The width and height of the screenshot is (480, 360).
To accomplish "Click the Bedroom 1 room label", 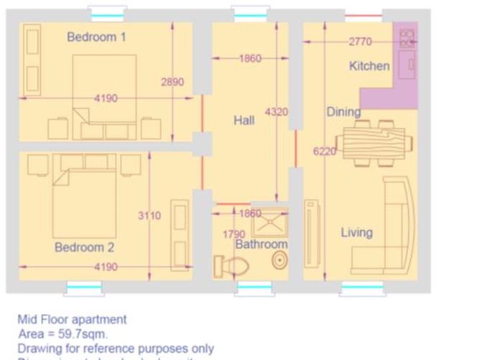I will tap(96, 37).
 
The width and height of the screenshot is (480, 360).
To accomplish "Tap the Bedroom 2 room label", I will tap(84, 247).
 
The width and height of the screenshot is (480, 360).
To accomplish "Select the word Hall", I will tap(244, 121).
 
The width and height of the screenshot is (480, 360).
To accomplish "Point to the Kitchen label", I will tap(369, 66).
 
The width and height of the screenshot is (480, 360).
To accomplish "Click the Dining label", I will tap(343, 111).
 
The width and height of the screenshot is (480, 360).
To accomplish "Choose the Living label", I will tap(356, 232).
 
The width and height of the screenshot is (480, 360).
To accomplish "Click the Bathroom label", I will tap(262, 244).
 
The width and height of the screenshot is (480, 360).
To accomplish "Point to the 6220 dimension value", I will tap(325, 152).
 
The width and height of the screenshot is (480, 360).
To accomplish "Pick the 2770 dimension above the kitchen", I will tap(361, 42).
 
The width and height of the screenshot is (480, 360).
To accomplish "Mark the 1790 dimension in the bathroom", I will tap(234, 234).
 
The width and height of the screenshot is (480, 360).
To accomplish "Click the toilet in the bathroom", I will tap(231, 267).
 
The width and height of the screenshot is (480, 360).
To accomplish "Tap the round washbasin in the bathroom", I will tap(277, 262).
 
